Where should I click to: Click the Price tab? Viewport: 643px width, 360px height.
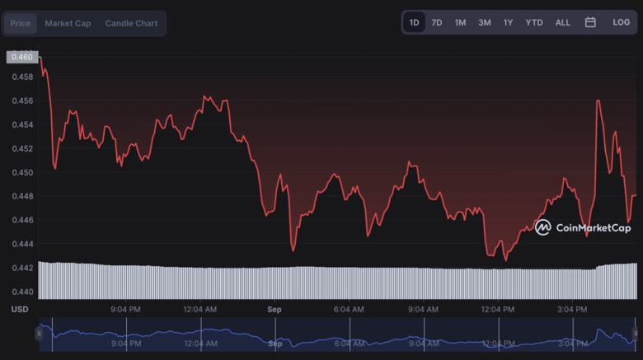coord(21,23)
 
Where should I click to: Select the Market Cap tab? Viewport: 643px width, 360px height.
coord(68,23)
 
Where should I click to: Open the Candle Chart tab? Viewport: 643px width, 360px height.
coord(131,23)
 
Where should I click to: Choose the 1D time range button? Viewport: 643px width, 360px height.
coord(414,22)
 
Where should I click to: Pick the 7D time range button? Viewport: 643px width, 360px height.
coord(437,22)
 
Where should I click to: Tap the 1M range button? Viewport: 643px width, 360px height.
coord(460,22)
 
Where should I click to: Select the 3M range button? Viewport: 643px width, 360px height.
coord(485,22)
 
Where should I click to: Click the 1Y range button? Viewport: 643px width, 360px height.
coord(509,22)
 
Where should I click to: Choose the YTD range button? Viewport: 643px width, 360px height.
coord(534,22)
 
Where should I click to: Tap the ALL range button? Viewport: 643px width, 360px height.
coord(562,22)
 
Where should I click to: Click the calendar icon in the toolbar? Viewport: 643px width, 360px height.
coord(590,22)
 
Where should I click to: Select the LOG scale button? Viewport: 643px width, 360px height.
coord(622,22)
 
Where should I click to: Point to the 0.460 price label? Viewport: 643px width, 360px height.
coord(22,57)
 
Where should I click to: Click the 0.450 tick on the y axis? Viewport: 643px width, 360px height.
coord(22,172)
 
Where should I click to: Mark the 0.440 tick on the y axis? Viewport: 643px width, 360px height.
coord(22,292)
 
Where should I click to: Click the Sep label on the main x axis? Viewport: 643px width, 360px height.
coord(275,309)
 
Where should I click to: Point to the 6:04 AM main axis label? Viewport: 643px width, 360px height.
coord(348,309)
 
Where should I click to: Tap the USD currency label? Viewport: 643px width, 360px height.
coord(20,309)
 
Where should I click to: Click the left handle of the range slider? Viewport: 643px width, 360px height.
coord(39,334)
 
